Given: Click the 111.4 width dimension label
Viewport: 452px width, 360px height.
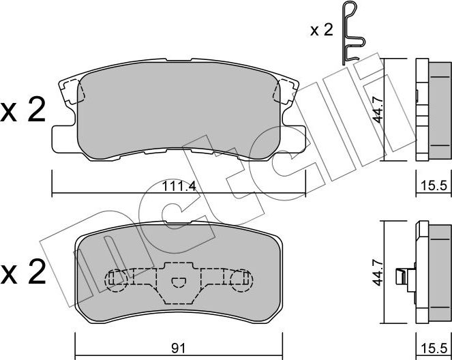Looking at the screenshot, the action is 179,187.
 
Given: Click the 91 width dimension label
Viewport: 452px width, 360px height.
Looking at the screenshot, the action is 179,348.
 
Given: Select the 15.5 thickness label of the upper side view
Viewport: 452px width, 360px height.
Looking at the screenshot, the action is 434,185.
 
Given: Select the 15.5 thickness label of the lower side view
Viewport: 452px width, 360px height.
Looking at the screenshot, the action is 434,349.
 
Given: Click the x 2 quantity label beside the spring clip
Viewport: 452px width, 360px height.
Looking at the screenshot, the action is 321,30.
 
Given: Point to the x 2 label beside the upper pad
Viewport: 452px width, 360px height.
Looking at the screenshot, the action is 23,110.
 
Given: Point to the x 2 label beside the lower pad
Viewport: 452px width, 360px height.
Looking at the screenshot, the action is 23,272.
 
